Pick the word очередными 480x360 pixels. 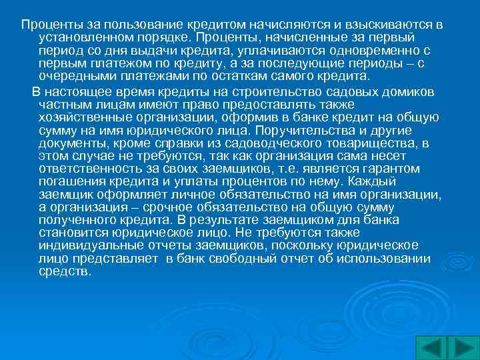coord(73,77)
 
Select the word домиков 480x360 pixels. coord(405,91)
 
